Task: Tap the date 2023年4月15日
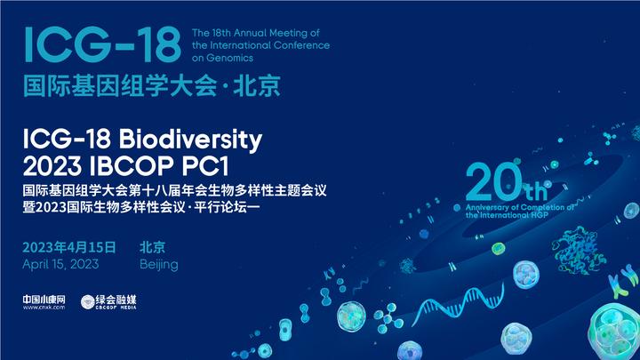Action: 70,246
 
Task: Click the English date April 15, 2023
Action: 61,264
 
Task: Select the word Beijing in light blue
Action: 159,264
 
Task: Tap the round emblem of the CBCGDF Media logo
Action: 88,302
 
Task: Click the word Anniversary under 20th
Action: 492,205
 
